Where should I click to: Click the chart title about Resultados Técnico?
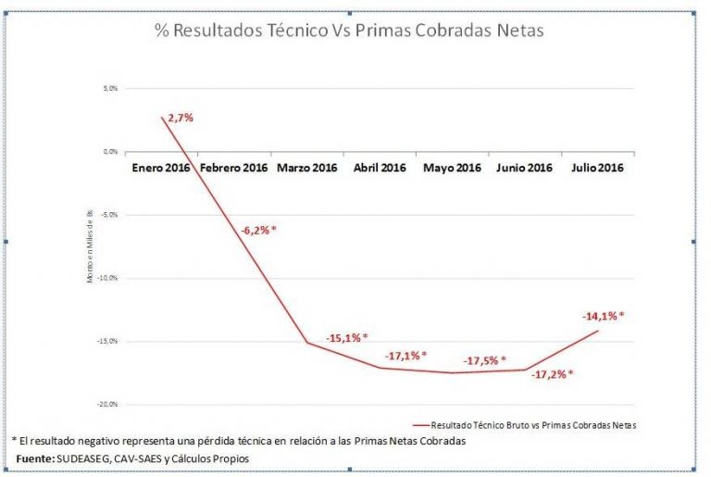click(348, 31)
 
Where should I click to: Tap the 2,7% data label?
click(181, 118)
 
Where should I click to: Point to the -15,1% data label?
click(346, 337)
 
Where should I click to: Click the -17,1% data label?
click(405, 355)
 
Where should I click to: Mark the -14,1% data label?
click(603, 316)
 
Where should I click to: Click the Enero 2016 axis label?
click(161, 168)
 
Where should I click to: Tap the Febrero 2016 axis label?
click(233, 168)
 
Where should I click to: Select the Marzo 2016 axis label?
click(306, 168)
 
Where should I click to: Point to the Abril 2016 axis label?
click(380, 168)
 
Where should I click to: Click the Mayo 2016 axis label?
click(452, 168)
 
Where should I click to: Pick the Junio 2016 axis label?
click(524, 168)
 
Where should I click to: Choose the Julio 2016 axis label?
click(597, 168)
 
